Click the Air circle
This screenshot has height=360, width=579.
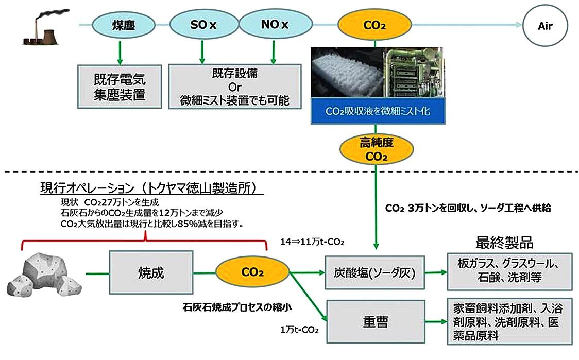coord(544,25)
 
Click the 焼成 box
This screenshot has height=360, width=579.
coord(151,272)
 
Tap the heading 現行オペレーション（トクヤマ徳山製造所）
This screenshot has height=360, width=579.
coord(151,189)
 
